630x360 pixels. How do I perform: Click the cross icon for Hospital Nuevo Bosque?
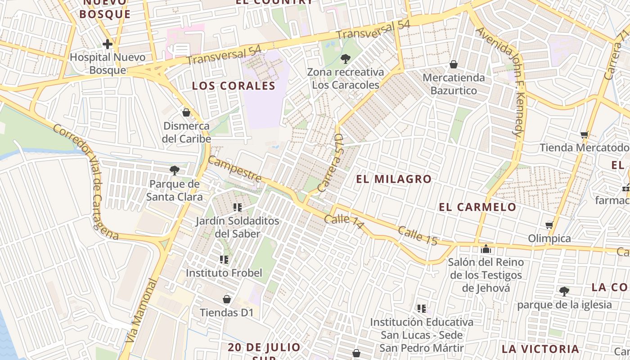107,44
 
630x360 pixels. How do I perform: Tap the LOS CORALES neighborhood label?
234,86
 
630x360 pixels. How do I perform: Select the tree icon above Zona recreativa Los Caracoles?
346,58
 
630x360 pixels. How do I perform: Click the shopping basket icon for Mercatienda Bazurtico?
454,64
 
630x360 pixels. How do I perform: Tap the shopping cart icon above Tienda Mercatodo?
585,134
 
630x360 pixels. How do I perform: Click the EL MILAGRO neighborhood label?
394,179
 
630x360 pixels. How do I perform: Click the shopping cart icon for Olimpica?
549,225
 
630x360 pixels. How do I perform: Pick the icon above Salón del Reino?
486,248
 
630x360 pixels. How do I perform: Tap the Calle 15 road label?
418,236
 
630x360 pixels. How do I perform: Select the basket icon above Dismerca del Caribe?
186,112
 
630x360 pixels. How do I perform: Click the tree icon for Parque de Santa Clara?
174,170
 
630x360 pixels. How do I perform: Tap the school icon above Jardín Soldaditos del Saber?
238,207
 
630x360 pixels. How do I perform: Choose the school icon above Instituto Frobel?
224,260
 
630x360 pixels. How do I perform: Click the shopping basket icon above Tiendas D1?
227,299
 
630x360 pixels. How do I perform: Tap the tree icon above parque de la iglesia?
564,291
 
